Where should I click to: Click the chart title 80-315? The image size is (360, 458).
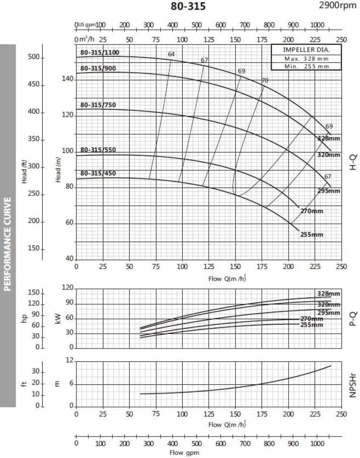188,6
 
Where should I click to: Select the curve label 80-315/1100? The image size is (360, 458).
100,53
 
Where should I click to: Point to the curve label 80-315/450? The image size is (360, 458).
98,174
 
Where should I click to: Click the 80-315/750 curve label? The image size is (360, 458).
98,105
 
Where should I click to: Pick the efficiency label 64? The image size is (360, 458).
171,54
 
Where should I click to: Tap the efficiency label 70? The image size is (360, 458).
265,81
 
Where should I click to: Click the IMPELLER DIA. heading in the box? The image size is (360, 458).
306,50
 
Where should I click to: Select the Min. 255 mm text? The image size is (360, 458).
306,66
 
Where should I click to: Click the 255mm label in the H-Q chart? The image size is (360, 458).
312,234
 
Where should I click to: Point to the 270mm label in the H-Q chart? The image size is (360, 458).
312,211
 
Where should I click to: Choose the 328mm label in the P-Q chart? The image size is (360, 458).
328,294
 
